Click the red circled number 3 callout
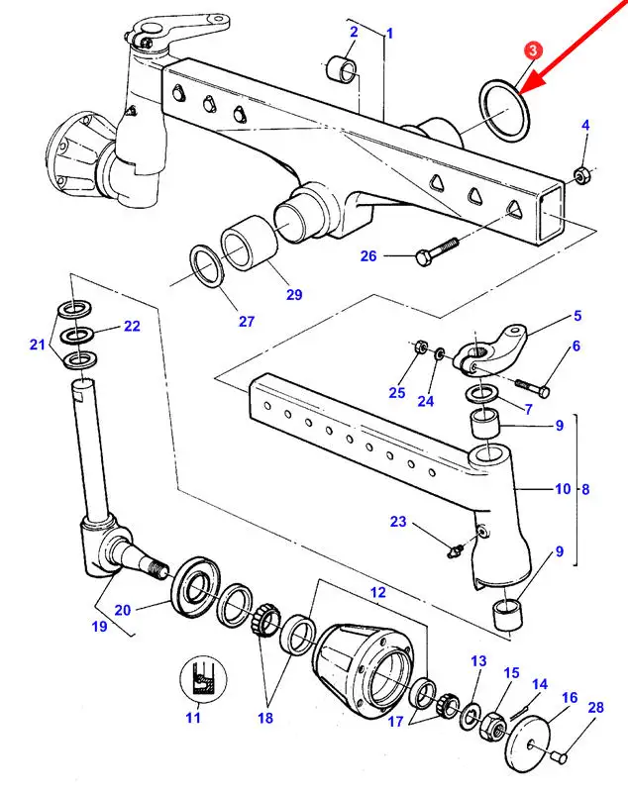tap(532, 50)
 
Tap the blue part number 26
tap(368, 256)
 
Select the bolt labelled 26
tap(436, 250)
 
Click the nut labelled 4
tap(579, 174)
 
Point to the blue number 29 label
tap(294, 295)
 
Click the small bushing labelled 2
tap(341, 69)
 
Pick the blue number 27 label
tap(246, 321)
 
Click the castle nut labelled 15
tap(492, 726)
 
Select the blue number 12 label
tap(377, 592)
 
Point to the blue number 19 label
tap(99, 627)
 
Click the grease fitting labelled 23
tap(455, 550)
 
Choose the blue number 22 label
tap(132, 326)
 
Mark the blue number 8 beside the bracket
tap(585, 489)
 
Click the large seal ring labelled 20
tap(195, 585)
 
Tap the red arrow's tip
tap(520, 94)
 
